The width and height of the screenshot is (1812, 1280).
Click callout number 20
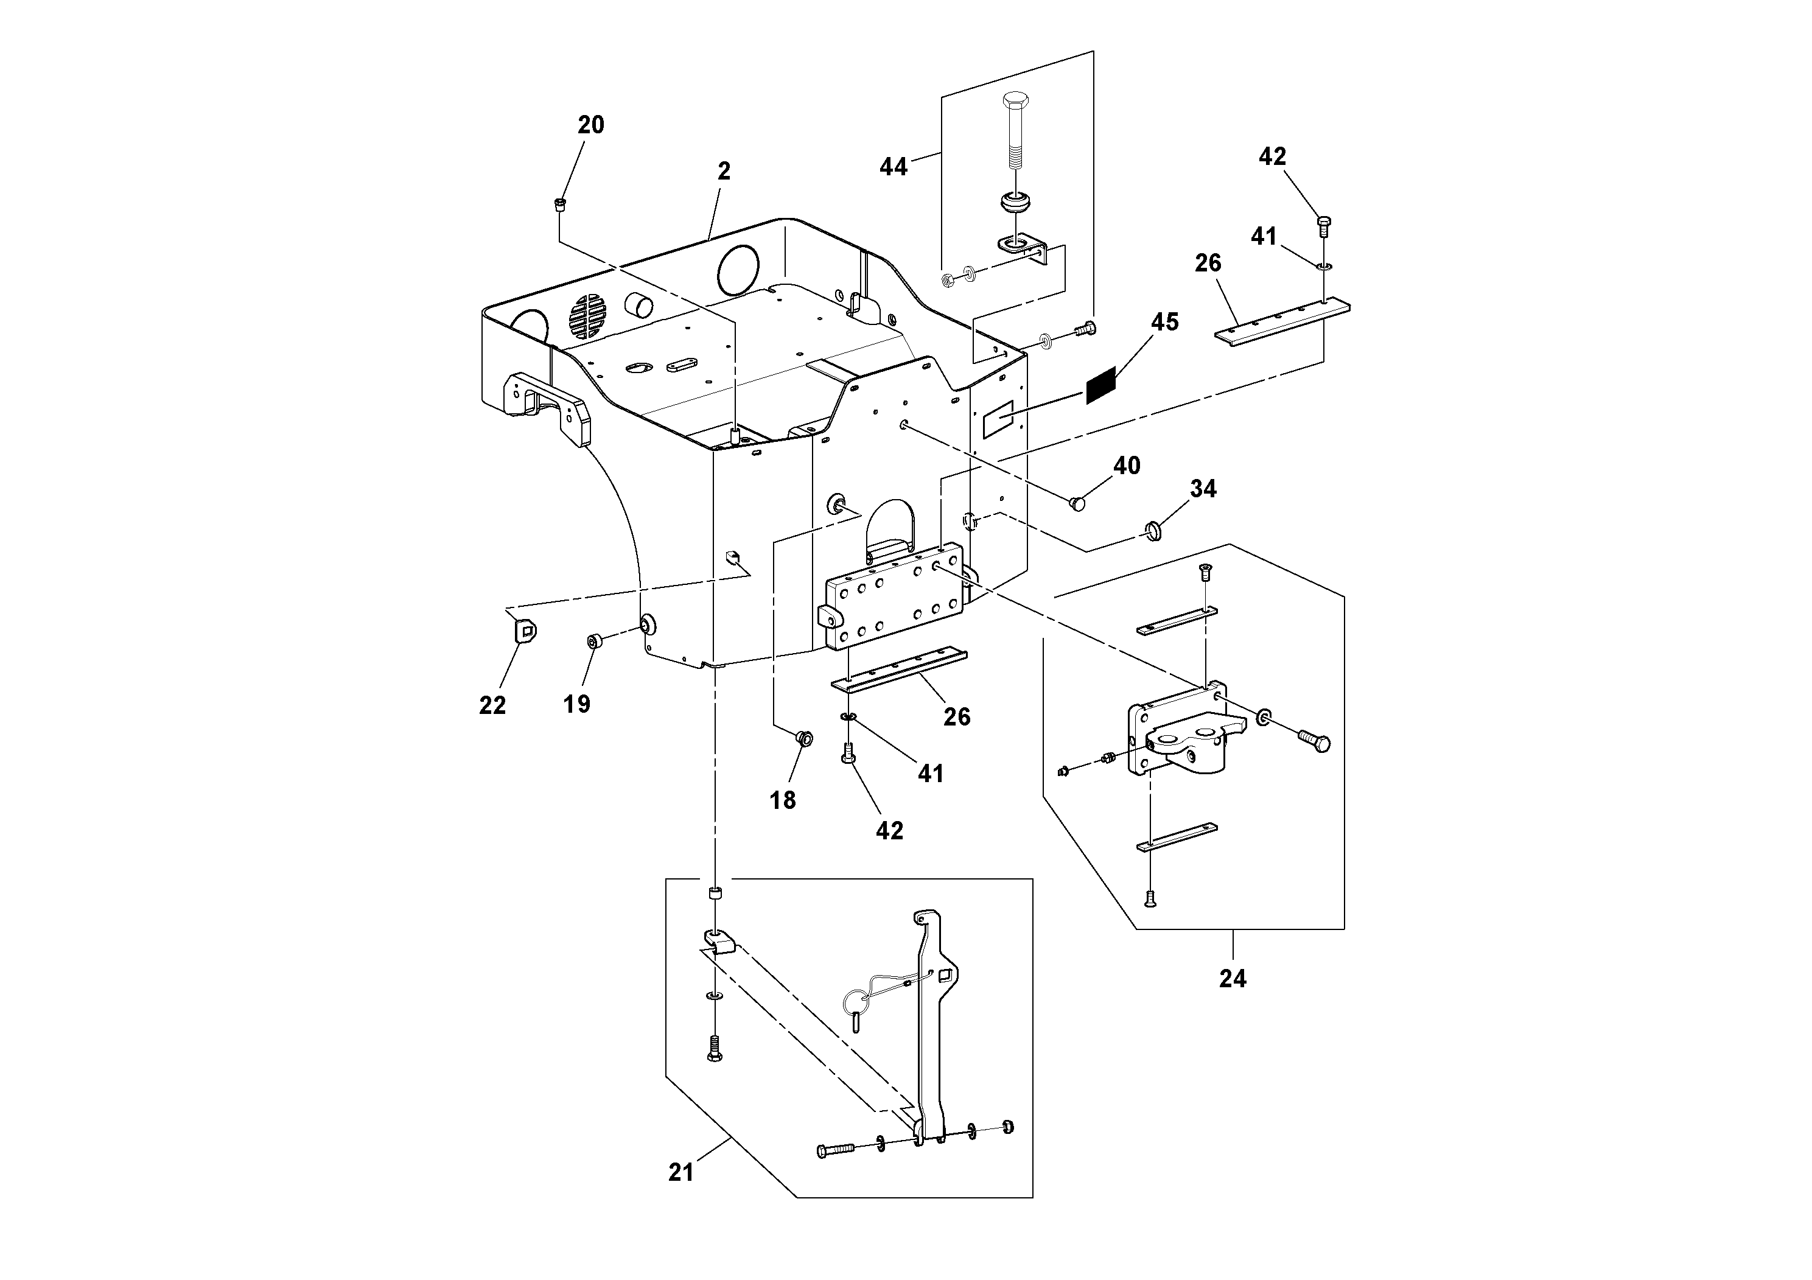click(x=590, y=125)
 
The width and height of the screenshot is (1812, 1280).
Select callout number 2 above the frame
click(x=724, y=171)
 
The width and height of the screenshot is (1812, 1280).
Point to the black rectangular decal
click(x=1101, y=386)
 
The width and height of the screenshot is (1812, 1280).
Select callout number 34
click(x=1203, y=489)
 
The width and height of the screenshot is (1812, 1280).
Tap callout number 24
click(x=1232, y=979)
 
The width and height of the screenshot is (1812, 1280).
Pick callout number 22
click(x=492, y=705)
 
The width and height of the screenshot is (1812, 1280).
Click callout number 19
click(x=577, y=704)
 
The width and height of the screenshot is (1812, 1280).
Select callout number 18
click(x=782, y=801)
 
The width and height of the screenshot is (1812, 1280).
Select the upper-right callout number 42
click(x=1272, y=157)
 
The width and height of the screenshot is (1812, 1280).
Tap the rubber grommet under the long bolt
click(x=1014, y=201)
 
